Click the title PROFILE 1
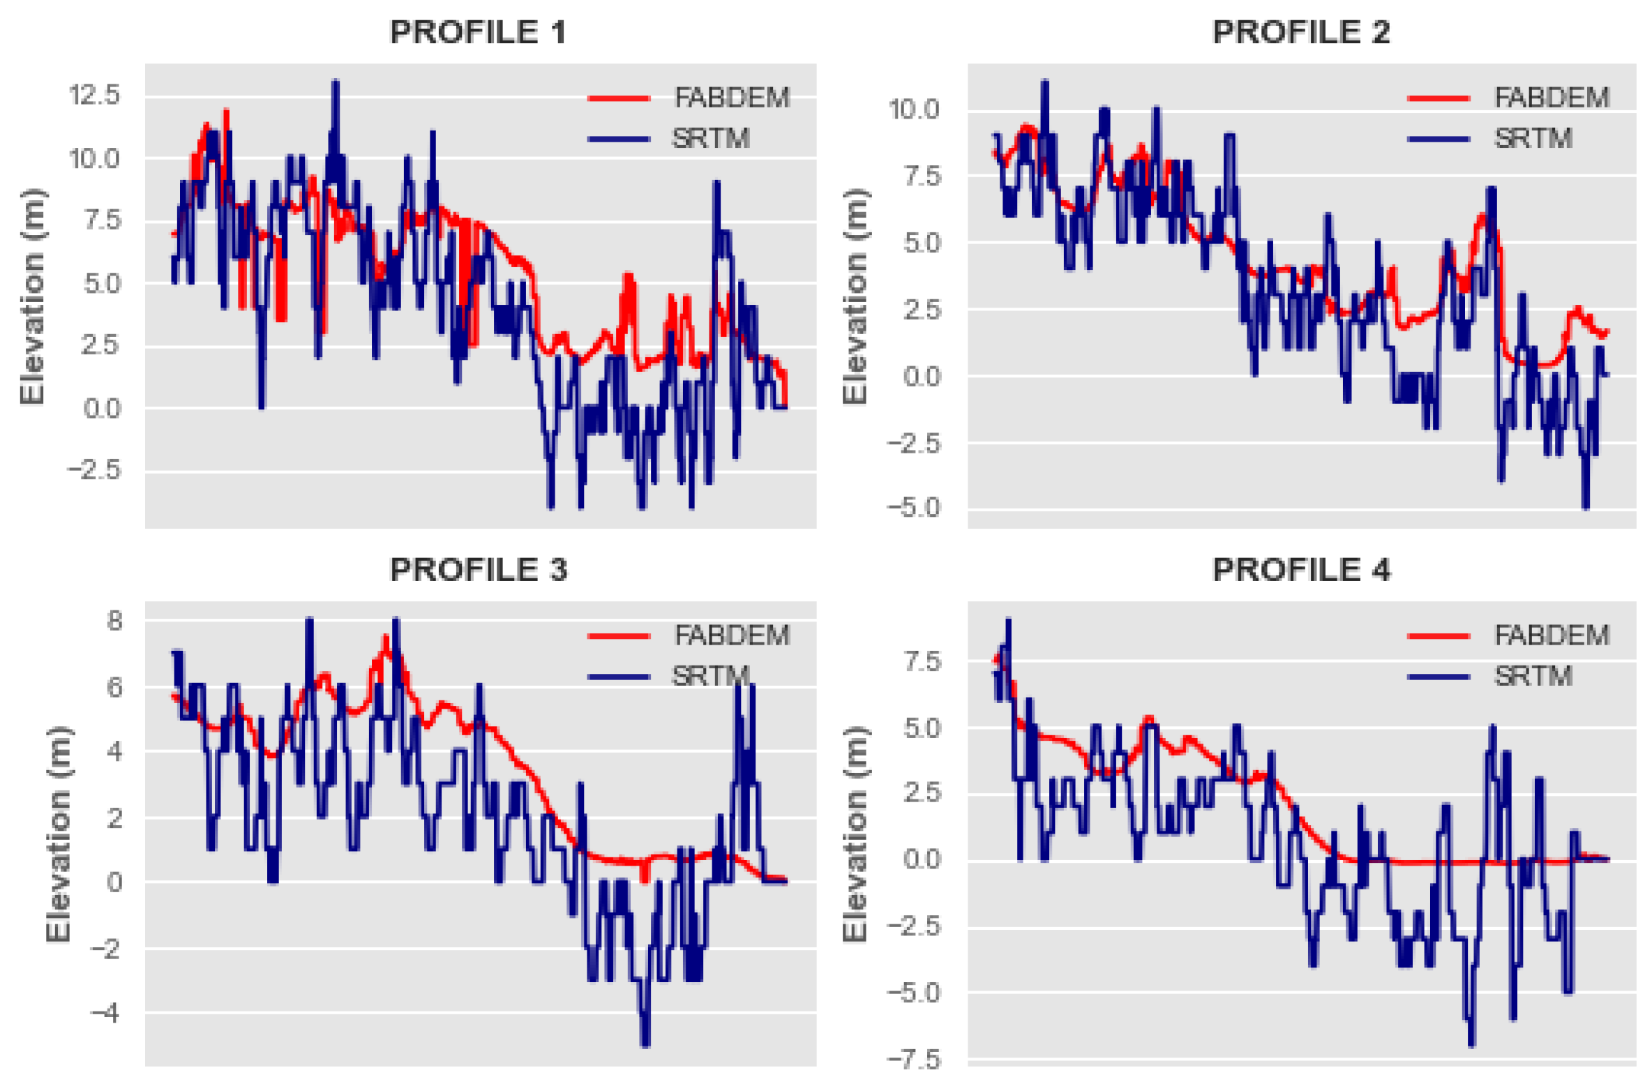pos(478,33)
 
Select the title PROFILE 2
pos(1300,33)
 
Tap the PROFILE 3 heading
pos(478,570)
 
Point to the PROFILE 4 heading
pos(1300,570)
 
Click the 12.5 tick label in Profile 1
pos(94,95)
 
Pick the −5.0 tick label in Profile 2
pos(913,508)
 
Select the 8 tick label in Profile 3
pos(114,620)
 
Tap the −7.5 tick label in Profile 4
pos(913,1060)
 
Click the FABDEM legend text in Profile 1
pos(731,98)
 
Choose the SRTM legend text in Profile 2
pos(1533,139)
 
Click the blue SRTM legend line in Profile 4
pos(1439,677)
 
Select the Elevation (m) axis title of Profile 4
pos(855,834)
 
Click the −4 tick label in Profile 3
pos(105,1012)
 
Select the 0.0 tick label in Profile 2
pos(921,377)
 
